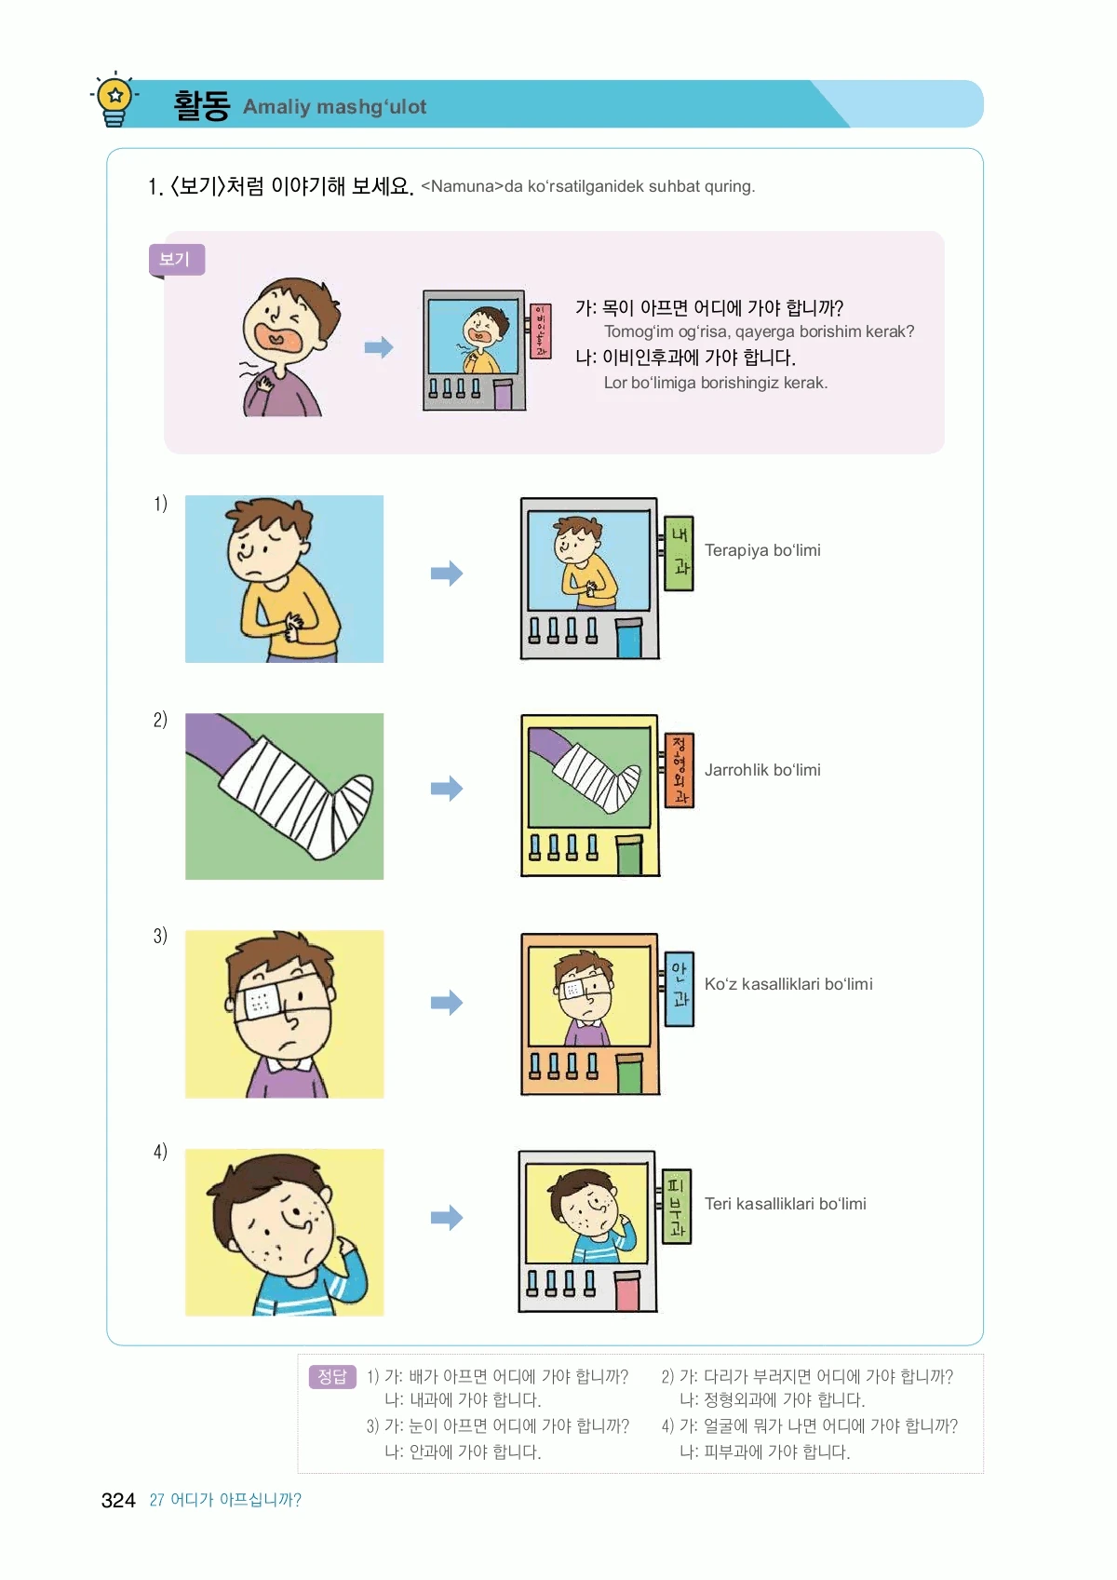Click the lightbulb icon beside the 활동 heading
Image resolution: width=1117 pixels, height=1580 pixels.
[114, 100]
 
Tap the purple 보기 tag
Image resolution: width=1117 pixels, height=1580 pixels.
[176, 260]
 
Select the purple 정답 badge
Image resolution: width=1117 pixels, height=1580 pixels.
[332, 1376]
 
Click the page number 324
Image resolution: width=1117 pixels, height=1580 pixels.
[118, 1500]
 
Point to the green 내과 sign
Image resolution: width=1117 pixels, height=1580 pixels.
[680, 553]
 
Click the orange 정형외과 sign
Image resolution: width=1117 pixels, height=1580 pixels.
[680, 770]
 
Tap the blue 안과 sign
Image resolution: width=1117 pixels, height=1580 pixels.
[680, 989]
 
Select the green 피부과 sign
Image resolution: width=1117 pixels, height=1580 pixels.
[677, 1206]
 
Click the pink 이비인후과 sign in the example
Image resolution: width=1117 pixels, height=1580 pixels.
[540, 331]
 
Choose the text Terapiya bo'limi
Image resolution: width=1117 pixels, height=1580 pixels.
[762, 550]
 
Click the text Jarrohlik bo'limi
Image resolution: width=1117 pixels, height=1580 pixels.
[762, 770]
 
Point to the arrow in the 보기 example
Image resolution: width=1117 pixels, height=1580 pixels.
[379, 347]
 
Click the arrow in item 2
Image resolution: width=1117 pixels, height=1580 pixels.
[447, 788]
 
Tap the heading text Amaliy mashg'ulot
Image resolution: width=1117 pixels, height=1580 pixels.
[334, 106]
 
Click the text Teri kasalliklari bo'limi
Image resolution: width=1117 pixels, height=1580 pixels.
[785, 1203]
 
